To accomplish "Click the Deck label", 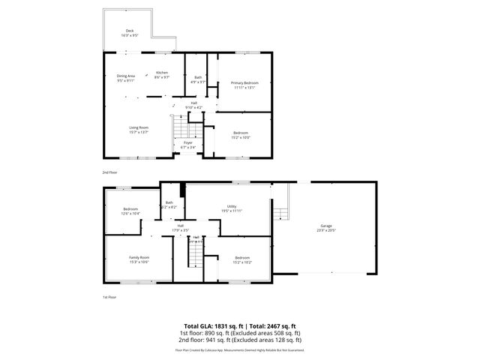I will click(x=130, y=31).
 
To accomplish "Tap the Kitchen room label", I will click(x=162, y=73).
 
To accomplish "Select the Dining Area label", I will click(x=126, y=76).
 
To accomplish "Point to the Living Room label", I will click(x=139, y=127).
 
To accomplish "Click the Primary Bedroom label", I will click(x=244, y=82).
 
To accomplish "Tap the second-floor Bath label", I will click(x=198, y=77).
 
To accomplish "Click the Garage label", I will click(x=325, y=226).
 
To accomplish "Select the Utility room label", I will click(x=232, y=206).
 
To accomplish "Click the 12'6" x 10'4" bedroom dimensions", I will click(x=130, y=214).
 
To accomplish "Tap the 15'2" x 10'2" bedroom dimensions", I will click(x=241, y=262).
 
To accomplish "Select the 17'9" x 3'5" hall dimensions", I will click(x=180, y=229).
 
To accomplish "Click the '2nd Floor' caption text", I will click(x=110, y=172).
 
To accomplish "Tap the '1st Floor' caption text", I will click(x=109, y=298).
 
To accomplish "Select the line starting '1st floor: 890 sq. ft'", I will click(x=239, y=332).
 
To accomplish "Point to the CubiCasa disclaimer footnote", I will click(x=239, y=349).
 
